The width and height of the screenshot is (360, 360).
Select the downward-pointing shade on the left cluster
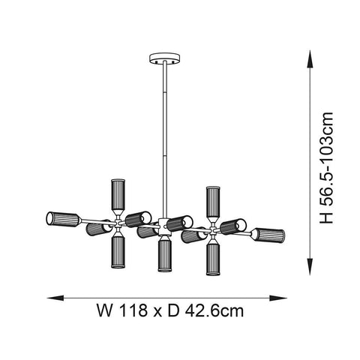(x=118, y=252)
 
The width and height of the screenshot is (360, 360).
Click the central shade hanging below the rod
(x=164, y=256)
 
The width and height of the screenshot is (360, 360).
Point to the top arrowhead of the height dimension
(x=313, y=54)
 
